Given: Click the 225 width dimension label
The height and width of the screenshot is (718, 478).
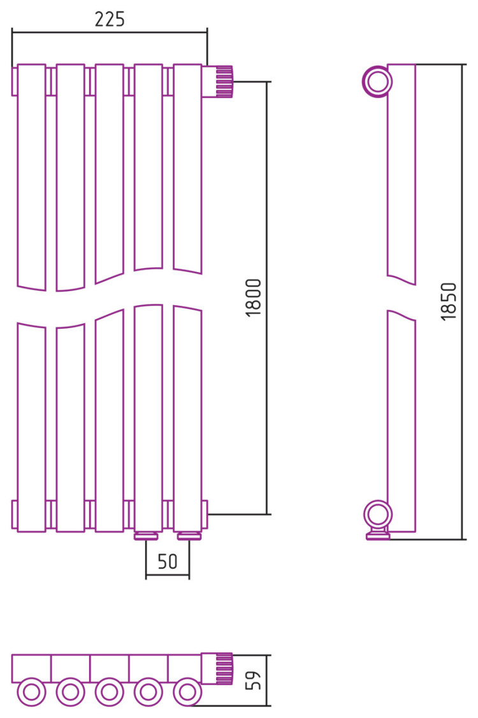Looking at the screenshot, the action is coord(110,19).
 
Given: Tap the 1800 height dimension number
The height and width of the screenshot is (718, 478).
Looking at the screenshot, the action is coord(253,297).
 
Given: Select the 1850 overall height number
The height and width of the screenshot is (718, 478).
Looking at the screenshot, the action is coord(449,301).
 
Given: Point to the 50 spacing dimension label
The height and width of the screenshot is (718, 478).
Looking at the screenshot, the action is coord(167,561).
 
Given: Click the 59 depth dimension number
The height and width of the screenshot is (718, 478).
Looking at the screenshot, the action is coord(253,680).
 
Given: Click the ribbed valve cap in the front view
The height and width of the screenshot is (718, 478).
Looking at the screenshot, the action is coord(224,82).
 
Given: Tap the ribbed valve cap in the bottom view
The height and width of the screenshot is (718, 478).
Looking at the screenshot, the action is coord(224,669).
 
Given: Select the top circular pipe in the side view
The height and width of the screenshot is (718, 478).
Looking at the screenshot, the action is coord(378,82).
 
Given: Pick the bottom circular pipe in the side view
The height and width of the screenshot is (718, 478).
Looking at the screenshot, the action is coord(378,515).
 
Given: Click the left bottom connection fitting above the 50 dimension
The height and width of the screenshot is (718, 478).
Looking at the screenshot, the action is coord(146,536).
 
